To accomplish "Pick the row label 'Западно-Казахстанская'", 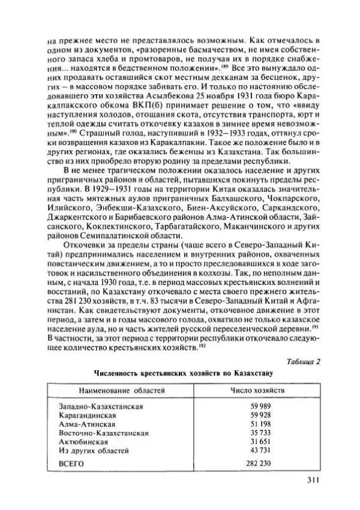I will (101, 407).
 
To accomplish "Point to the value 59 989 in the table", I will (258, 407).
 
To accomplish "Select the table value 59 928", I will (258, 415).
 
